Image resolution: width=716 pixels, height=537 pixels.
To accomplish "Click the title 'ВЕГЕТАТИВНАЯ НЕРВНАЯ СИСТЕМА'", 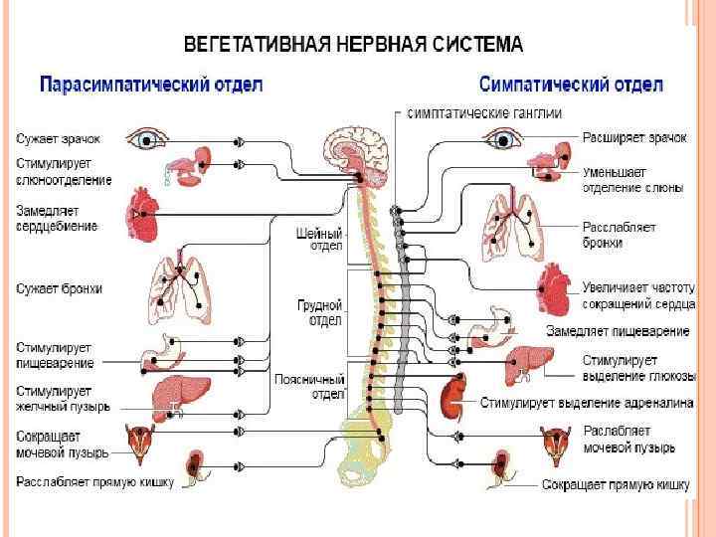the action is (353, 45).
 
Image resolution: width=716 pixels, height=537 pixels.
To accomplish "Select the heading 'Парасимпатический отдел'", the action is (151, 85).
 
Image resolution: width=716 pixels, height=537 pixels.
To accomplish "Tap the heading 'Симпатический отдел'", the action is (571, 84).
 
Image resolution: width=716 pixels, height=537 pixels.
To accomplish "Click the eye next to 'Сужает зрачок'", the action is (149, 140).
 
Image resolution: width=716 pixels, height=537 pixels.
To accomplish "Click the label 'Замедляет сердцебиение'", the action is (57, 218).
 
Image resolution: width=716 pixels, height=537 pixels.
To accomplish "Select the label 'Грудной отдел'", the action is (320, 312).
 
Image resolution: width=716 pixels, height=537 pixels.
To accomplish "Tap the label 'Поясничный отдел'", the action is (309, 386).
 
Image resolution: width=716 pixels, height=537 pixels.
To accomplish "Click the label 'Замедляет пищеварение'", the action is (619, 330).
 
